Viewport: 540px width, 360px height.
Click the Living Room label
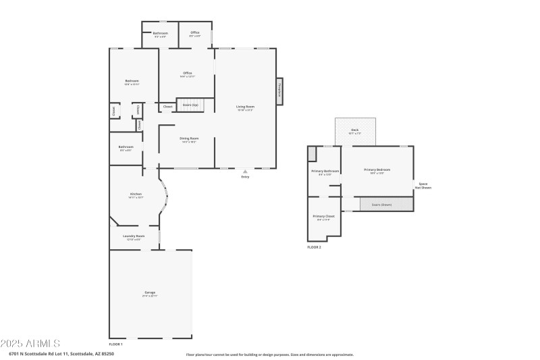coord(245,107)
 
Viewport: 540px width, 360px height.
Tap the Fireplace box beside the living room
coord(279,92)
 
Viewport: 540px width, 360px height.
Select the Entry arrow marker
coord(245,172)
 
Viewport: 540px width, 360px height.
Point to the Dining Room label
coord(188,138)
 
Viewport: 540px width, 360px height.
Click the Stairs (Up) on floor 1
coord(190,105)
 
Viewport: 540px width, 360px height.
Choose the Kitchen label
coord(136,194)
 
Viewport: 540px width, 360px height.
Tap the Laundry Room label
coord(134,236)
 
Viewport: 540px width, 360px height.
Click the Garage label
coord(149,292)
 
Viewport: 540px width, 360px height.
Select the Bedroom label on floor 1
coord(132,81)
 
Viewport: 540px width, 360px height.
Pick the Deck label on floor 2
coord(355,130)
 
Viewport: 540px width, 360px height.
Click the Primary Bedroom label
coord(377,170)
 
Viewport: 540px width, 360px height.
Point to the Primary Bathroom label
coord(325,172)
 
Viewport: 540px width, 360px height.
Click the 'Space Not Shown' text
coord(423,186)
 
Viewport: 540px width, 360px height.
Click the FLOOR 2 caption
coord(314,248)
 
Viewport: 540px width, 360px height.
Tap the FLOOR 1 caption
coord(116,344)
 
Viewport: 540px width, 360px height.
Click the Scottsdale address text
coord(61,353)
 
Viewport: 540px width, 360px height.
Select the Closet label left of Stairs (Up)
coord(167,107)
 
